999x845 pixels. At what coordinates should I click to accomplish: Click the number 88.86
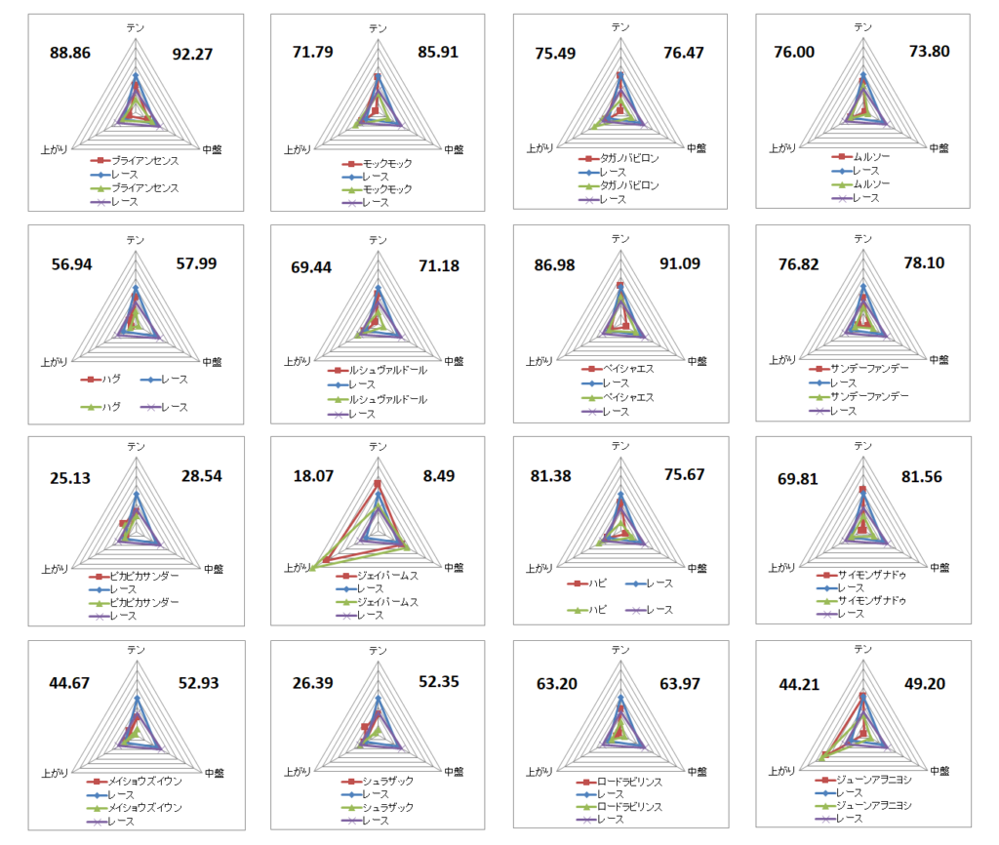70,54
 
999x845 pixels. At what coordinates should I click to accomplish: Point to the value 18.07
313,476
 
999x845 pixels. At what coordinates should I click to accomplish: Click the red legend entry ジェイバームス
387,576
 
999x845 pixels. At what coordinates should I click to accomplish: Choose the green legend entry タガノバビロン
629,185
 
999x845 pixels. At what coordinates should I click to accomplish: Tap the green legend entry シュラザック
388,807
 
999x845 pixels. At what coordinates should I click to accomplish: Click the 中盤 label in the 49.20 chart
940,771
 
